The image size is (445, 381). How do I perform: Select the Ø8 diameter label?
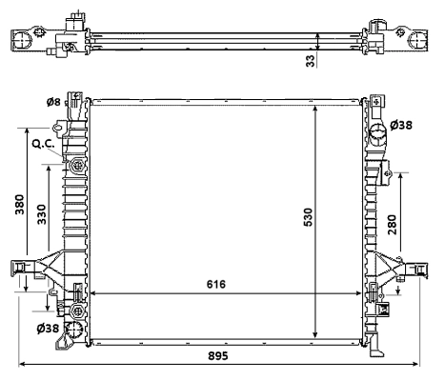click(x=54, y=102)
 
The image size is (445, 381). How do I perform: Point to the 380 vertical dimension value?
click(x=19, y=207)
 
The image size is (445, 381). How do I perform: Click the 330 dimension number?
click(x=42, y=214)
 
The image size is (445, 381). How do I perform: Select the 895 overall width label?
click(x=222, y=353)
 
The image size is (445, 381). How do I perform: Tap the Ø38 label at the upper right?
click(x=405, y=125)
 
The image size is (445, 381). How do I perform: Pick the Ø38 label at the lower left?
click(x=49, y=329)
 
